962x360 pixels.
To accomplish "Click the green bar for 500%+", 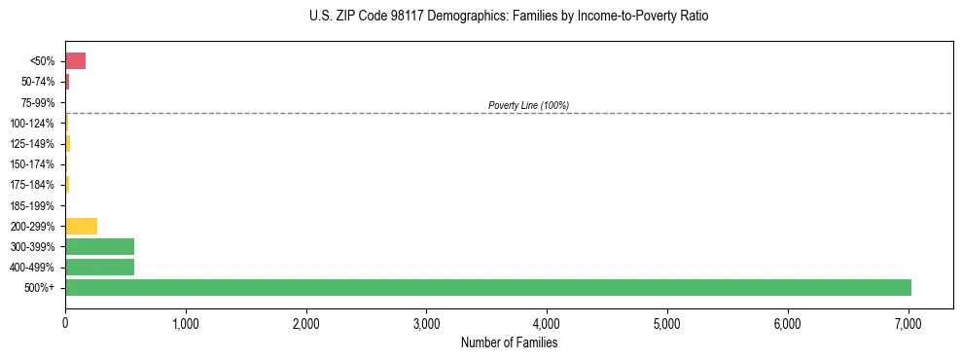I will point(487,287).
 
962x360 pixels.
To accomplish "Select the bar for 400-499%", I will point(99,267).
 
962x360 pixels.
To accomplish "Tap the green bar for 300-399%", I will point(99,246).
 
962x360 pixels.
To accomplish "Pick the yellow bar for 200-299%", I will point(81,226).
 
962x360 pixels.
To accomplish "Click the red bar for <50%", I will point(75,61).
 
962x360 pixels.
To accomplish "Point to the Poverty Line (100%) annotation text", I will point(528,105).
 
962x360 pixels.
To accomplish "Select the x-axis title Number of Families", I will point(509,343).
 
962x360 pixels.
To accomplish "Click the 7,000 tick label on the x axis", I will point(908,322).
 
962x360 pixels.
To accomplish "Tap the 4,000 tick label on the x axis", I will point(547,322).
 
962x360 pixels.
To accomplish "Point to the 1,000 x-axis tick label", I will point(186,322).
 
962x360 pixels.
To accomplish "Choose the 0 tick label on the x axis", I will point(65,322).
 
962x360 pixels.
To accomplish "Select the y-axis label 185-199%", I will point(34,205).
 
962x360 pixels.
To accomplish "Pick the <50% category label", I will point(44,61).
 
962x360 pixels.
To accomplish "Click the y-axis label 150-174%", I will point(34,163).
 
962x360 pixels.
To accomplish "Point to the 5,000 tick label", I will point(667,322).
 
